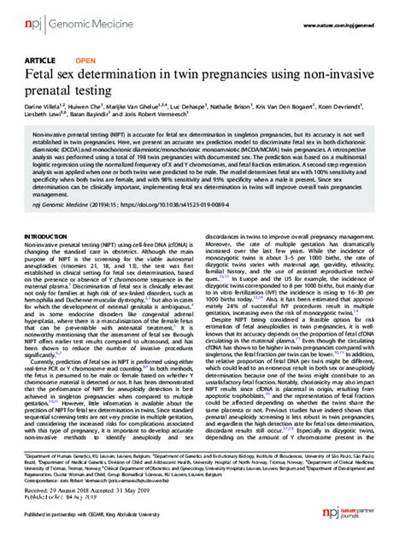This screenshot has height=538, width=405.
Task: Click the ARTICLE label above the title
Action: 44,61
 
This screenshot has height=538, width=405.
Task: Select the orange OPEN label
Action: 85,61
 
